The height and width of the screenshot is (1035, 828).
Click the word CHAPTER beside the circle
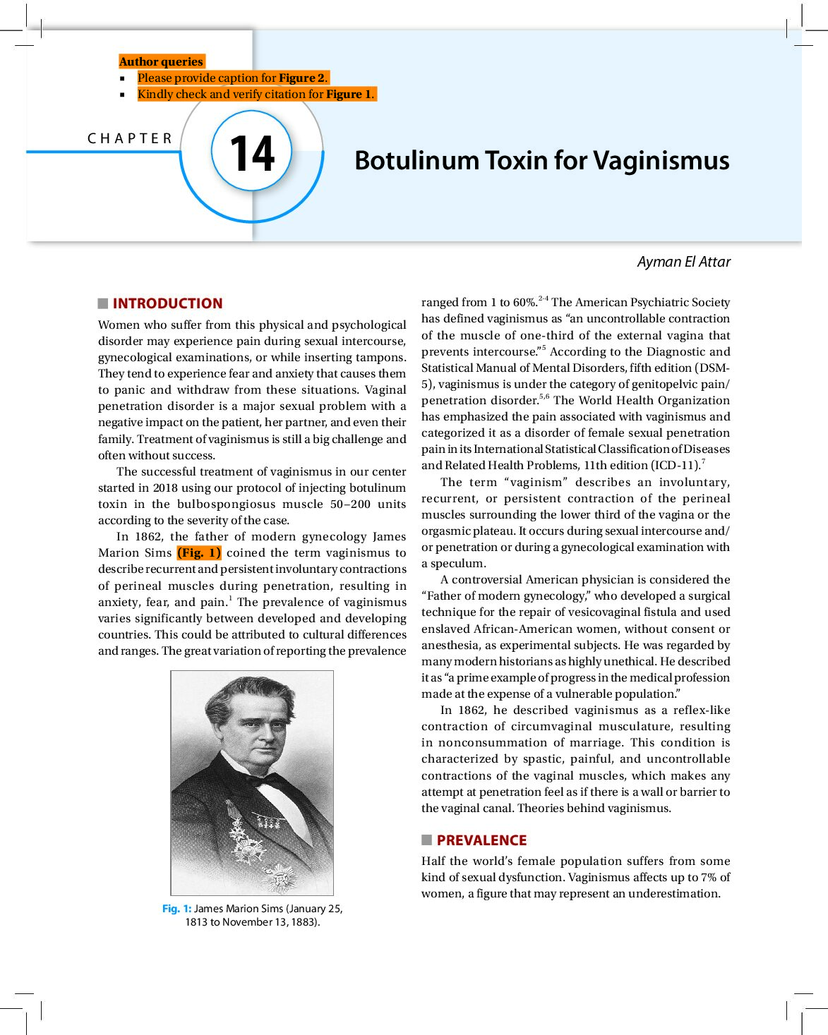tap(130, 138)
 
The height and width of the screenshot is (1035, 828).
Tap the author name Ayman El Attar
tap(683, 262)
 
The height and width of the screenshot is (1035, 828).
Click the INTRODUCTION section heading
tap(167, 303)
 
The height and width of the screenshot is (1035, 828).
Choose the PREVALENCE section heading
tap(481, 840)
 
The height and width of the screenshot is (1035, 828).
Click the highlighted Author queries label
tap(161, 61)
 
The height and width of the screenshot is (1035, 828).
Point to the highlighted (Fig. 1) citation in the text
tap(199, 553)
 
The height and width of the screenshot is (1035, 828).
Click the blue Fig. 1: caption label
tap(176, 909)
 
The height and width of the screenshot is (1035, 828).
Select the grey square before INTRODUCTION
tap(103, 303)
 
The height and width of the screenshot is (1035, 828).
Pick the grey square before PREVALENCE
tap(426, 840)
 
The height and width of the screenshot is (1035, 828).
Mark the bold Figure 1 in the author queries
tap(349, 94)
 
